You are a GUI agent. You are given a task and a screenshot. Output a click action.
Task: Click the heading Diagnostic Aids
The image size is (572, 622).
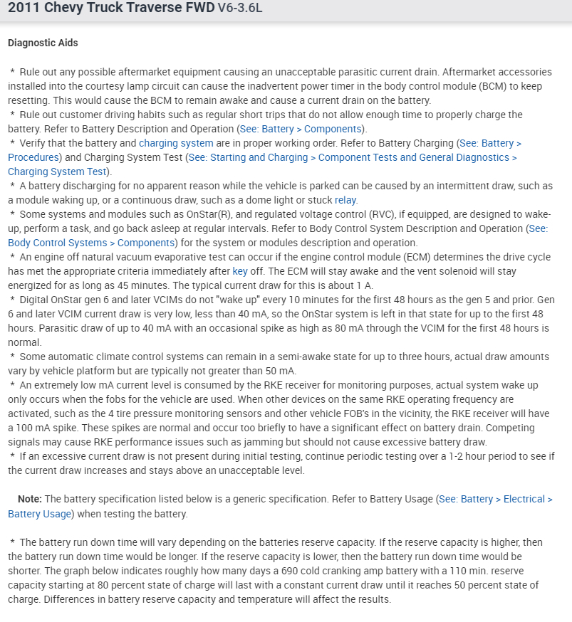click(43, 43)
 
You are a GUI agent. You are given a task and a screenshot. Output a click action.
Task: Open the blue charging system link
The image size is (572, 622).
click(176, 143)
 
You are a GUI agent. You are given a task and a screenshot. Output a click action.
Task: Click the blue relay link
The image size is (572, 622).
click(346, 200)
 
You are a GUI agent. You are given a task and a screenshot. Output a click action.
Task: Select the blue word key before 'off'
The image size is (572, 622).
click(241, 271)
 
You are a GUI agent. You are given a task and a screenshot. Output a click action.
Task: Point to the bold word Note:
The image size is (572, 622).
click(30, 499)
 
